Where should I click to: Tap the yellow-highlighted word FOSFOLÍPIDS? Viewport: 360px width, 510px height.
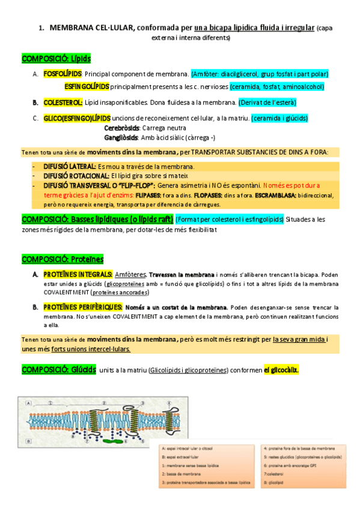click(x=63, y=74)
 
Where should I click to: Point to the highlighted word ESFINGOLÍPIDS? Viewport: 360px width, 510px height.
click(x=87, y=87)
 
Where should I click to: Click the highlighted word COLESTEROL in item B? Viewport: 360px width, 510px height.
click(x=63, y=102)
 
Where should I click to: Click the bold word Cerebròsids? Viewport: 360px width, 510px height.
click(x=121, y=128)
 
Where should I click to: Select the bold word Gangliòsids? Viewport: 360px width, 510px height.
click(x=121, y=137)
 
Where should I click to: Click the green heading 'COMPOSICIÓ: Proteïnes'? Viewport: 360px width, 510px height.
click(x=63, y=259)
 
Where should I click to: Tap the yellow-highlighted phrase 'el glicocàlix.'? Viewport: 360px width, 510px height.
click(x=281, y=369)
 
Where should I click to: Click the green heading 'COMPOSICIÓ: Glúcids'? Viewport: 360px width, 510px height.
click(x=58, y=369)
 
